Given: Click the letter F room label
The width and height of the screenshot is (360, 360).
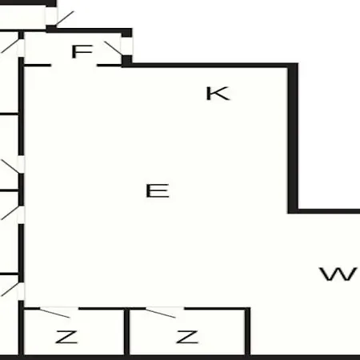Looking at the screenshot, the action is coord(82,51).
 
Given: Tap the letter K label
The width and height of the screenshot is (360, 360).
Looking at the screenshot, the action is coord(218,94).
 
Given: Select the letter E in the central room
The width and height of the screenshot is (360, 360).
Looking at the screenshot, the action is coord(158,190).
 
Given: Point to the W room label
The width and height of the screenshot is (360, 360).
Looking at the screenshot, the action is coord(338,274).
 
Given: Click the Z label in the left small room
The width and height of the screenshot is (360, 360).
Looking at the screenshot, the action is coord(66,337).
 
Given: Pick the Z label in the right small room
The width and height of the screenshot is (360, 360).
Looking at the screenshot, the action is coord(187,337).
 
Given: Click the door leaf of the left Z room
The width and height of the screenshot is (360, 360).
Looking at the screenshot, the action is coord(55,313).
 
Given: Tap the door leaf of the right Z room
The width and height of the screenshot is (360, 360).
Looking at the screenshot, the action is coord(161,313).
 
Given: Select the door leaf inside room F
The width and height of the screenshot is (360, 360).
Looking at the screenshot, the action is coord(114,48).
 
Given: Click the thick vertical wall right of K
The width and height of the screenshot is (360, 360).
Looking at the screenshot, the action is coord(293,138).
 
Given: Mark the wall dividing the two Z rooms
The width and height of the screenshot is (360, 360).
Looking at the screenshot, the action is coord(127,331).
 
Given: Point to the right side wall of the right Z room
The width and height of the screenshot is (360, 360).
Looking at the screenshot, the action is coord(247,331).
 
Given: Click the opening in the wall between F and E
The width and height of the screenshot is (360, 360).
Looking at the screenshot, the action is coord(74,66).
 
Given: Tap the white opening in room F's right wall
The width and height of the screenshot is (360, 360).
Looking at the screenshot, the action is coord(127,46).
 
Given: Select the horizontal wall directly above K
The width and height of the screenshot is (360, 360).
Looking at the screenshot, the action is coord(210,66).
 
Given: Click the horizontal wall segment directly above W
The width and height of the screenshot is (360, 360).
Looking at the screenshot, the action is coord(329,211).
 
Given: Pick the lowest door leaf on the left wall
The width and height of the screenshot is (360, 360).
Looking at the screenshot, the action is coord(10,289).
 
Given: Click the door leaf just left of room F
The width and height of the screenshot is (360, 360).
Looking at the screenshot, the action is coord(10,46).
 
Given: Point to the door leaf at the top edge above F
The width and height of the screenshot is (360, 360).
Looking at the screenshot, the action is coord(65,18).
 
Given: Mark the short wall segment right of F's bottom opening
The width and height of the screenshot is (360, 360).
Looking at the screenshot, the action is coord(110,66).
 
